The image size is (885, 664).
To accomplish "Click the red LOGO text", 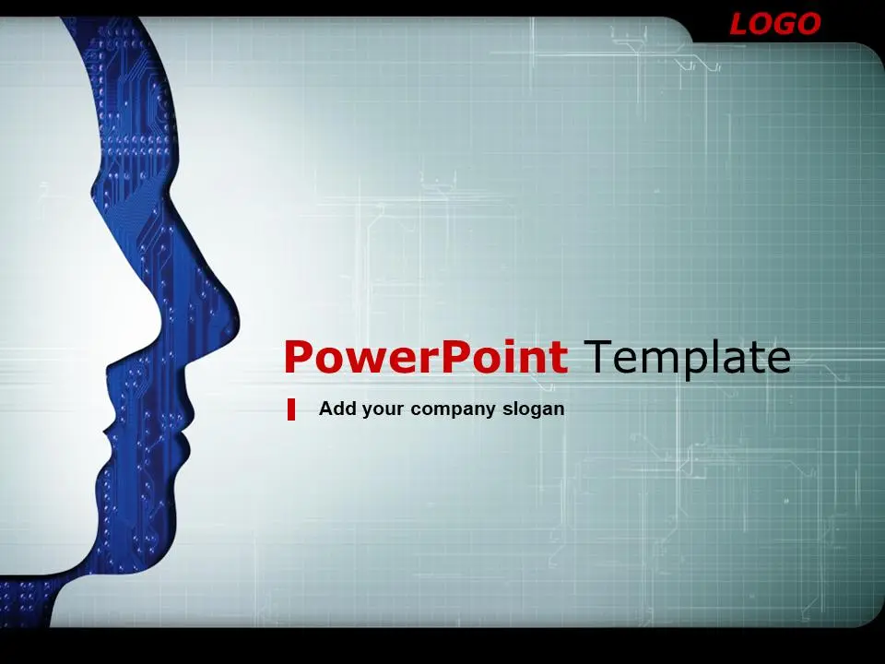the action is coord(775,24).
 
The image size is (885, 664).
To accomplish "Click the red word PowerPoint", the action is coord(426,357).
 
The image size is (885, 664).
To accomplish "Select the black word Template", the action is coord(687,356).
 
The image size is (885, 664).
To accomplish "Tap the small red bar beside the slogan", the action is coord(291,409).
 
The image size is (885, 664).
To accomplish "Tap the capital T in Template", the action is coord(597,357).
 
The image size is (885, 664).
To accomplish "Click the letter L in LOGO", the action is coord(740,24).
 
